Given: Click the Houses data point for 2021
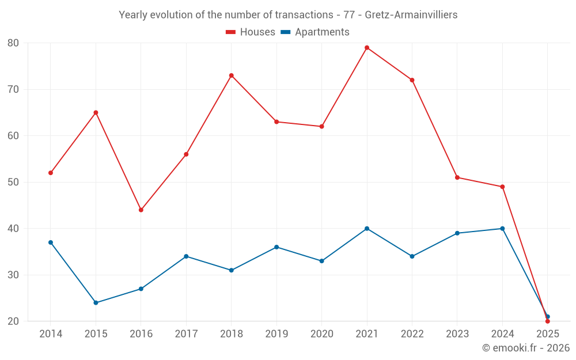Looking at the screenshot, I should [x=367, y=48].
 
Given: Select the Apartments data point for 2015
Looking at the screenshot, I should [x=96, y=302].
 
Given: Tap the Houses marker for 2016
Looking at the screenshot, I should [x=141, y=210].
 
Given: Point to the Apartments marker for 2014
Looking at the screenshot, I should [x=51, y=242].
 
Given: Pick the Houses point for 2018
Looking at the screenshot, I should [x=232, y=75].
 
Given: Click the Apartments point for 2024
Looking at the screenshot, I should [x=502, y=229].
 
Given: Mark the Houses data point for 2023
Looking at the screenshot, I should [x=457, y=177].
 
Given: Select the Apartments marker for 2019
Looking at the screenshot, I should [x=276, y=247].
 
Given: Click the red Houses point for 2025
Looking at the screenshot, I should [x=548, y=321].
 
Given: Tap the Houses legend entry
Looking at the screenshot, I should [x=251, y=32].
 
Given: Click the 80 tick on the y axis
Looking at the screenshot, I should [x=13, y=43].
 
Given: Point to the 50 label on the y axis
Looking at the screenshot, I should [x=13, y=182].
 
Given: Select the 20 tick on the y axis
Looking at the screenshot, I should [x=13, y=321].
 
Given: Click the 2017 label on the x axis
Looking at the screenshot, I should [x=186, y=334].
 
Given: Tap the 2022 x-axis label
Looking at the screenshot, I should [x=412, y=334].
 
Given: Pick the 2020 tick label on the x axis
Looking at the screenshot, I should [x=321, y=334].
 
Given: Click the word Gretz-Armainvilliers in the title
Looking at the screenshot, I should [x=411, y=15].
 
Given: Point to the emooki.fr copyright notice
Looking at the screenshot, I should [x=526, y=348].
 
